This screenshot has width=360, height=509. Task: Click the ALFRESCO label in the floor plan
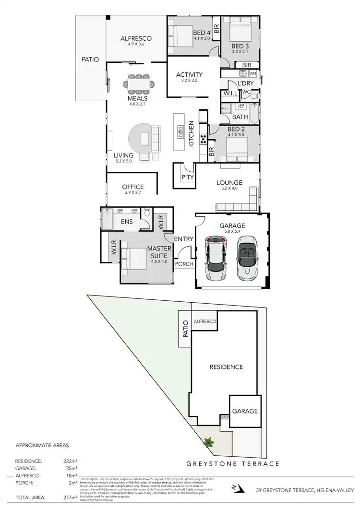tap(136, 38)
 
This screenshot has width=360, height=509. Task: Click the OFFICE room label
tap(133, 187)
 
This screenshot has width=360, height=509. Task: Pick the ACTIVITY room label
tap(189, 74)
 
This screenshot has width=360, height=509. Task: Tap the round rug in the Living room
tap(143, 140)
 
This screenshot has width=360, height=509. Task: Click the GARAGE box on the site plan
tap(245, 411)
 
